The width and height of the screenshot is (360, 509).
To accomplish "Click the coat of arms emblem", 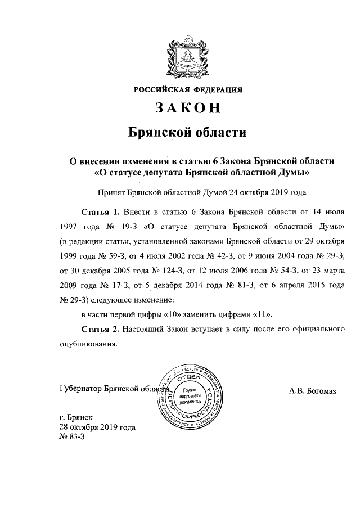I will click(x=188, y=56).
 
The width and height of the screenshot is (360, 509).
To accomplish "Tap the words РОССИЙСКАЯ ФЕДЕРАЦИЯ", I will click(x=188, y=89).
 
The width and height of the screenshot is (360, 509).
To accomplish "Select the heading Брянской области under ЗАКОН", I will click(x=188, y=133).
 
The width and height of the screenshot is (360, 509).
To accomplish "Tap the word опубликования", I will click(x=87, y=343).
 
